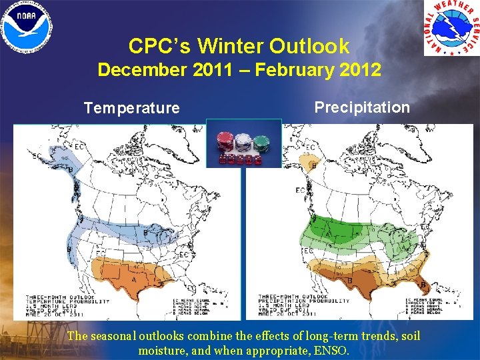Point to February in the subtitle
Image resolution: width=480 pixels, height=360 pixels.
click(290, 70)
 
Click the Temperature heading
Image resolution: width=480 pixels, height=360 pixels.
click(131, 108)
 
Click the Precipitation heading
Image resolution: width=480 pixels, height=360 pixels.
click(362, 107)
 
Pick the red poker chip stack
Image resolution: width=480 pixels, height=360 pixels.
click(225, 141)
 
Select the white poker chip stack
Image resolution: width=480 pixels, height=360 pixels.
click(243, 141)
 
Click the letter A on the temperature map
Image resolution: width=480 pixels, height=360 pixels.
click(135, 280)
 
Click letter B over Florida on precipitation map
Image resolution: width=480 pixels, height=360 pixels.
click(423, 285)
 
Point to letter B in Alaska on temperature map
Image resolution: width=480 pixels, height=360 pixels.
click(71, 169)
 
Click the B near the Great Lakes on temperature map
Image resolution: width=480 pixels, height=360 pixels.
click(146, 233)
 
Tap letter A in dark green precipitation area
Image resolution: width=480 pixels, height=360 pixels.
click(327, 234)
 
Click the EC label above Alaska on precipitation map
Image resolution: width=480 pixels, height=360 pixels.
click(310, 147)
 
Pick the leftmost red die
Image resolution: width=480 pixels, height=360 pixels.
click(223, 159)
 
